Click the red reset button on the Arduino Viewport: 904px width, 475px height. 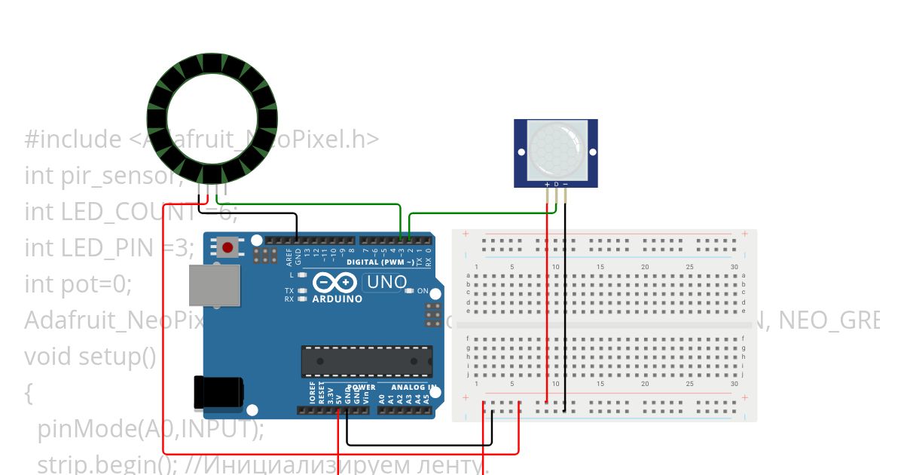click(228, 247)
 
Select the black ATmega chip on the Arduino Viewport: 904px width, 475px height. click(367, 361)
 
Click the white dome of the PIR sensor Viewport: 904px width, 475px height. click(556, 149)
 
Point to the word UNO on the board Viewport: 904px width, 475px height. click(385, 283)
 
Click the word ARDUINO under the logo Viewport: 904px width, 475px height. click(337, 299)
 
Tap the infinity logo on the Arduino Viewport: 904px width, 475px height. click(335, 283)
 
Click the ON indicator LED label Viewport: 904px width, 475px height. click(423, 291)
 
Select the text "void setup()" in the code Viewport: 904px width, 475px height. click(90, 356)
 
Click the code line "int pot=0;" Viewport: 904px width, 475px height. click(78, 284)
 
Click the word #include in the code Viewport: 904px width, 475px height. click(72, 139)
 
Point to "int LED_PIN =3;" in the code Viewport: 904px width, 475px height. click(109, 247)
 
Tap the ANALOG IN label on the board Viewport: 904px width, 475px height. click(414, 388)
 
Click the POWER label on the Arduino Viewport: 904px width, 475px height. click(361, 388)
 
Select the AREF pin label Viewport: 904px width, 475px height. click(289, 254)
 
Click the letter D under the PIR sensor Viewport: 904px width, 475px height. click(556, 183)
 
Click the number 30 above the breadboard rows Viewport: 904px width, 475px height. click(734, 267)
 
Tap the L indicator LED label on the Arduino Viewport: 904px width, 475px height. click(291, 275)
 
